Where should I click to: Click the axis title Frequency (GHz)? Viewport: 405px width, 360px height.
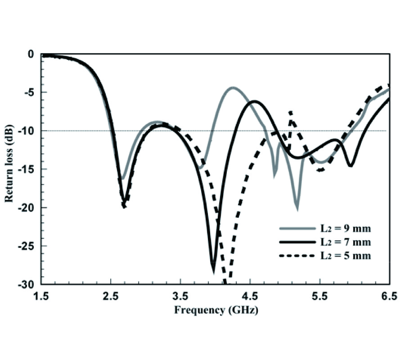216,310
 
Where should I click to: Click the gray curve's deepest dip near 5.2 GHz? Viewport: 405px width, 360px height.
297,208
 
